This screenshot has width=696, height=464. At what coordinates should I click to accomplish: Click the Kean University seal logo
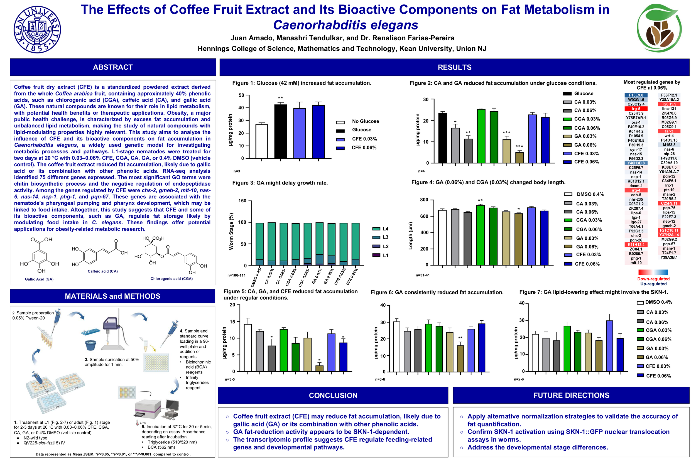point(37,30)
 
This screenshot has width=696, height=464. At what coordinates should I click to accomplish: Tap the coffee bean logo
point(659,28)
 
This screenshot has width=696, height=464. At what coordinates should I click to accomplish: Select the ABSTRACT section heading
point(113,67)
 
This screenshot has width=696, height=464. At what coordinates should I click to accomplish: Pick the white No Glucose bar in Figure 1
point(262,141)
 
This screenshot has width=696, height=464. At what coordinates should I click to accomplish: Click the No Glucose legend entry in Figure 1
point(365,121)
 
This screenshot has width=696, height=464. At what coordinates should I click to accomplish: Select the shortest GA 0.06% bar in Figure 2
point(519,158)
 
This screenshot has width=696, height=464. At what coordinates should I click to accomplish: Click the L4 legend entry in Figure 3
point(385,229)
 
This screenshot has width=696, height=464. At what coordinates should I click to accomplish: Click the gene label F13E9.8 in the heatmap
point(636,95)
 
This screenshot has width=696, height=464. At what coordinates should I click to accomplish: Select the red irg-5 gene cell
point(636,109)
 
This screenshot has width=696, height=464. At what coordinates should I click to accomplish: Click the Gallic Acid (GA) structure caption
point(39,279)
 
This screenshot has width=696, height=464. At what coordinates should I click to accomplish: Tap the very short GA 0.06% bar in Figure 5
point(319,369)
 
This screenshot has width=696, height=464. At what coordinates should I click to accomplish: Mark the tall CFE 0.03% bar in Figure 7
point(609,346)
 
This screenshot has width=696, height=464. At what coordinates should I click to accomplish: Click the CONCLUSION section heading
point(333,395)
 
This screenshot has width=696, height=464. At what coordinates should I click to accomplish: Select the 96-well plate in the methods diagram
point(156,362)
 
